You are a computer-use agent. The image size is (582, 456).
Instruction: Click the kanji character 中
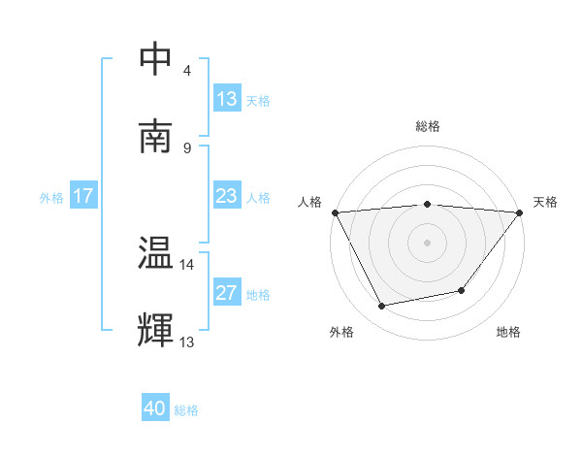(x=157, y=59)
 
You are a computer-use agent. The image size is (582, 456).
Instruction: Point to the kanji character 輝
(x=157, y=330)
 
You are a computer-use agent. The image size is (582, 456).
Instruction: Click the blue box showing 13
(x=227, y=99)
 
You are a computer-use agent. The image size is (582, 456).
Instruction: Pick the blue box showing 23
(x=227, y=196)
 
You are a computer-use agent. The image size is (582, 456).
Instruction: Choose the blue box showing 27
(x=227, y=293)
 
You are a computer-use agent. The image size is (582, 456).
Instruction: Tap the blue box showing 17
(x=83, y=196)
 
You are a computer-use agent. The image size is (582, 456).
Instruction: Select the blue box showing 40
(x=155, y=408)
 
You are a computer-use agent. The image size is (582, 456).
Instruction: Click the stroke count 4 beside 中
(x=187, y=70)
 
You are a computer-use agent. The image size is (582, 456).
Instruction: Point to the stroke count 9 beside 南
(x=187, y=147)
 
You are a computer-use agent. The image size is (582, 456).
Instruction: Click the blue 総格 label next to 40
(x=186, y=410)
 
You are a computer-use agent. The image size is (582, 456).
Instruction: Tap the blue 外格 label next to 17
(x=51, y=197)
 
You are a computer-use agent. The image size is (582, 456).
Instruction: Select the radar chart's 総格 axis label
(x=428, y=126)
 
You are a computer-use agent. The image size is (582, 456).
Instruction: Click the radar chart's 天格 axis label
(x=546, y=202)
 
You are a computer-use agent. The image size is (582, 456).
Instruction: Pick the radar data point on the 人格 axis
(x=335, y=212)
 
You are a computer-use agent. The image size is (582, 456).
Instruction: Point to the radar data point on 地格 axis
(x=462, y=290)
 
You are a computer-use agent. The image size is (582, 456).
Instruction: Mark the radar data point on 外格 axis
(x=382, y=307)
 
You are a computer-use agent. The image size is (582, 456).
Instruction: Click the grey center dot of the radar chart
(x=427, y=242)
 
